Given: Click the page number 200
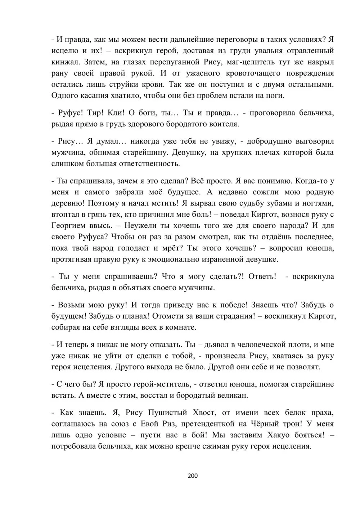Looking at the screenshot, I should click(x=193, y=476).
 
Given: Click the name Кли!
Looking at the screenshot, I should click(x=116, y=113).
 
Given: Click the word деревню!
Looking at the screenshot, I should click(x=68, y=203).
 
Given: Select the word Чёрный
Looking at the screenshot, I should click(x=267, y=424).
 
